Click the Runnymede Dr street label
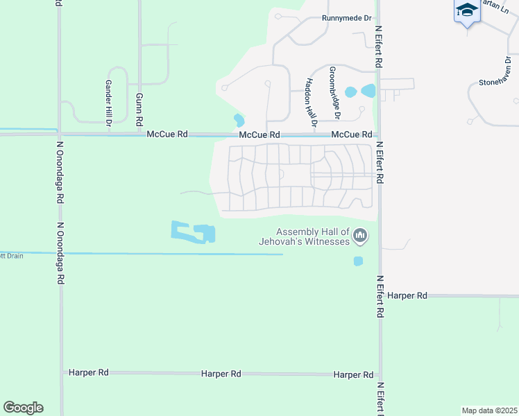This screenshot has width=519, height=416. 347,18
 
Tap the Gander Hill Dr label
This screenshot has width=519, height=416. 108,102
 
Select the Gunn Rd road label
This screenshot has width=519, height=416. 139,110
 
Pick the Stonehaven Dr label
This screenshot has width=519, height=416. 498,82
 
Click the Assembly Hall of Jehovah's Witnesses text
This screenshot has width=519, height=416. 313,236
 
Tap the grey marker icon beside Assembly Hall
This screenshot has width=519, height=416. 360,236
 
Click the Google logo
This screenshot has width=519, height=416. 23,408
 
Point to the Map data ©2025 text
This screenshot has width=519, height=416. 488,410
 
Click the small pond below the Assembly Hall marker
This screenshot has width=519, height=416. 358,261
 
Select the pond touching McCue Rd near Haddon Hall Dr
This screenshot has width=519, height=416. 239,121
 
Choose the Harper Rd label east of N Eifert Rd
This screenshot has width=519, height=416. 407,295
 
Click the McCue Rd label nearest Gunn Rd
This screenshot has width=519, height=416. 167,134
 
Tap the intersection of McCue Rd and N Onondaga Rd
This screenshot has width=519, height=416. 60,134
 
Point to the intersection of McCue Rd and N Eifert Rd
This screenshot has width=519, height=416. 379,135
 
